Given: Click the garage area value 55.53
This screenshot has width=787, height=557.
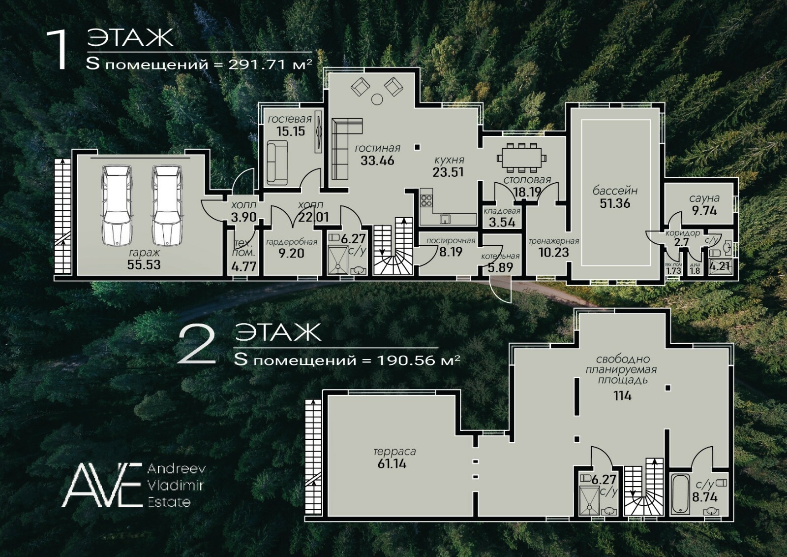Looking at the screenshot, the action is tap(144, 264).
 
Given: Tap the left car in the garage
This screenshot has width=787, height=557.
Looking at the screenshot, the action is tap(118, 205).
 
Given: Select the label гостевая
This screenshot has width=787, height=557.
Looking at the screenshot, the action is tap(290, 119).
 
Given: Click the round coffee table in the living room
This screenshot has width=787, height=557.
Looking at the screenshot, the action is tap(377, 99).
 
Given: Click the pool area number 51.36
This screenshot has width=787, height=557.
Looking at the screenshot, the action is tap(615, 203).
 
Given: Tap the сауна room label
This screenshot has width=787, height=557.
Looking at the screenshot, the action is tap(704, 198).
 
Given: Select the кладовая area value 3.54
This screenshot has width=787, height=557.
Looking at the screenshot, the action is tap(502, 222).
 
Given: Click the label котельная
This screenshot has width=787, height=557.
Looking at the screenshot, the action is tap(500, 256).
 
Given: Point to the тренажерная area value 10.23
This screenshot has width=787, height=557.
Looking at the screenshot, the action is tap(554, 252).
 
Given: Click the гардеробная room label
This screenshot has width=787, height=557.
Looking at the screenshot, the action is tap(292, 242).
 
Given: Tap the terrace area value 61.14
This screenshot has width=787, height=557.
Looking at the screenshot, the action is tap(392, 464).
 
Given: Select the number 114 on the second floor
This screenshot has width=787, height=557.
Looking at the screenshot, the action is tap(623, 396).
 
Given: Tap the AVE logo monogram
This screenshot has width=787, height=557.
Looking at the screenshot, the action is tap(102, 485).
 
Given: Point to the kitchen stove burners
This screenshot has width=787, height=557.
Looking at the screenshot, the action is tap(426, 200).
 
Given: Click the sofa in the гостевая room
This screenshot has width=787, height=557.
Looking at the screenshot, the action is tap(277, 163).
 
